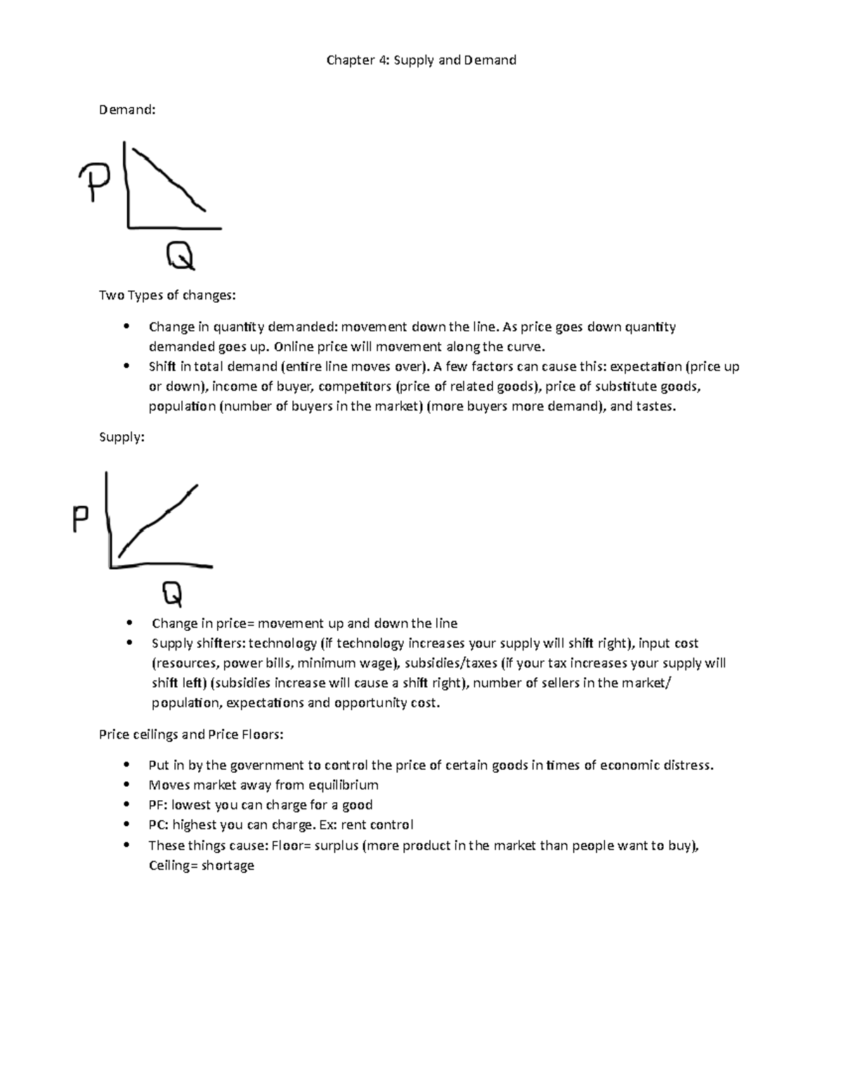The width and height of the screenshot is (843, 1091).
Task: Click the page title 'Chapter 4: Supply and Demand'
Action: point(421,60)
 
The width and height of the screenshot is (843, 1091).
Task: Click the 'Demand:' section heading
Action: point(127,110)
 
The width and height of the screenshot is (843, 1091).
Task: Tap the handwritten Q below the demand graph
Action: point(180,256)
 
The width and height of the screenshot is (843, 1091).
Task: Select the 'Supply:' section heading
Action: point(122,437)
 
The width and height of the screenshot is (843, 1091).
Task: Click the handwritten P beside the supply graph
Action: point(81,521)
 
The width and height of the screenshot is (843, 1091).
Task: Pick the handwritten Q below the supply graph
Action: point(172,594)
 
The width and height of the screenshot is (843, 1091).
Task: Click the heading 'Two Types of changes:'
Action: point(167,295)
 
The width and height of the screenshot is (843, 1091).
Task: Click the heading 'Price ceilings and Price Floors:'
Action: point(191,735)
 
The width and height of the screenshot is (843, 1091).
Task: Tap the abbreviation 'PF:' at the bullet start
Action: point(158,805)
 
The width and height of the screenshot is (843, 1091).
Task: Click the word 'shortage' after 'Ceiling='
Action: point(228,866)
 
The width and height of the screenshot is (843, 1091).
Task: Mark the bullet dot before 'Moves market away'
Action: point(126,785)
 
